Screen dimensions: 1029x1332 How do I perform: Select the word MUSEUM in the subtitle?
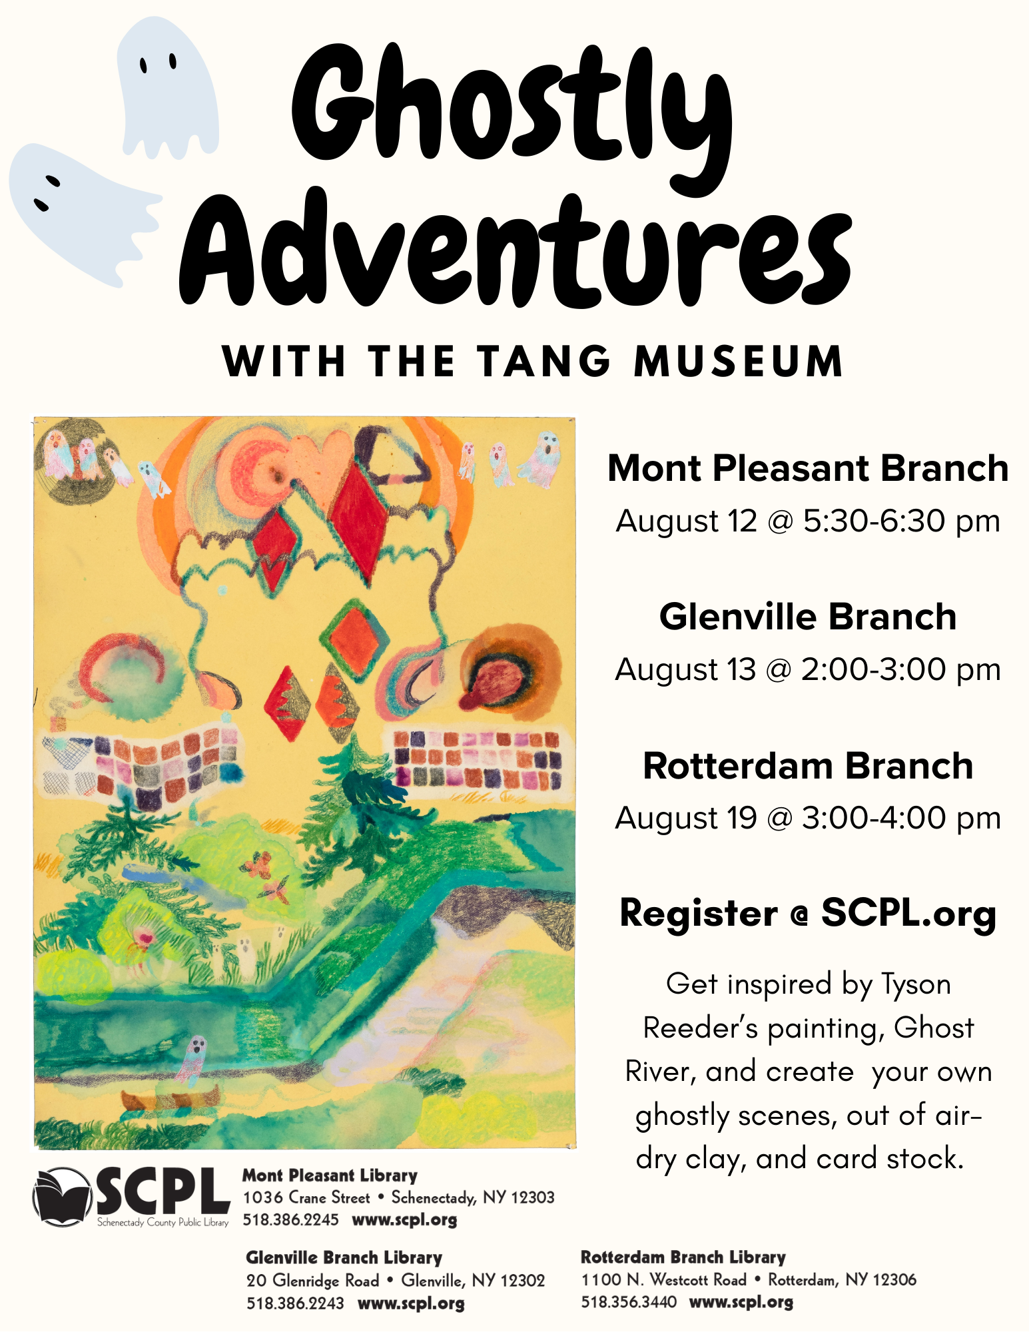pyautogui.click(x=739, y=361)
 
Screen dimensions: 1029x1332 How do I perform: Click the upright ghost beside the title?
pyautogui.click(x=168, y=88)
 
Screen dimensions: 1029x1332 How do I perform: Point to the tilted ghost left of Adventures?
pyautogui.click(x=80, y=212)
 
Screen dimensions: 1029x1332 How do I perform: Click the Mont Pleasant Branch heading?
pyautogui.click(x=808, y=468)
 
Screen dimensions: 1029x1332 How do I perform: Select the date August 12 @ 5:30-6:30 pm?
pyautogui.click(x=808, y=521)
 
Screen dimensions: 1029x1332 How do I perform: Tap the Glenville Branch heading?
pyautogui.click(x=808, y=617)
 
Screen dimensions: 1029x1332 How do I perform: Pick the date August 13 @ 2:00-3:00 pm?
pyautogui.click(x=808, y=669)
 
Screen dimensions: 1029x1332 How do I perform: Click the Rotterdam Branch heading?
pyautogui.click(x=808, y=766)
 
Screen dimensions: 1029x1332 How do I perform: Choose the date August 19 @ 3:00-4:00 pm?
pyautogui.click(x=808, y=818)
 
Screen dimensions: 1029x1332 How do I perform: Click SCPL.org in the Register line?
pyautogui.click(x=908, y=913)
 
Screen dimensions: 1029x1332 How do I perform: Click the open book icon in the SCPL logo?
pyautogui.click(x=62, y=1197)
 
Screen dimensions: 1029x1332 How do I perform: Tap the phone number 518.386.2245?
pyautogui.click(x=290, y=1219)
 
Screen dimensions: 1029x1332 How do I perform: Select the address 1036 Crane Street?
pyautogui.click(x=306, y=1197)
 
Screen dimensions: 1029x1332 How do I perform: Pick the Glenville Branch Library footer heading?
pyautogui.click(x=344, y=1257)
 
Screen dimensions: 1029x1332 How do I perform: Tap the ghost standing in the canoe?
pyautogui.click(x=192, y=1060)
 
